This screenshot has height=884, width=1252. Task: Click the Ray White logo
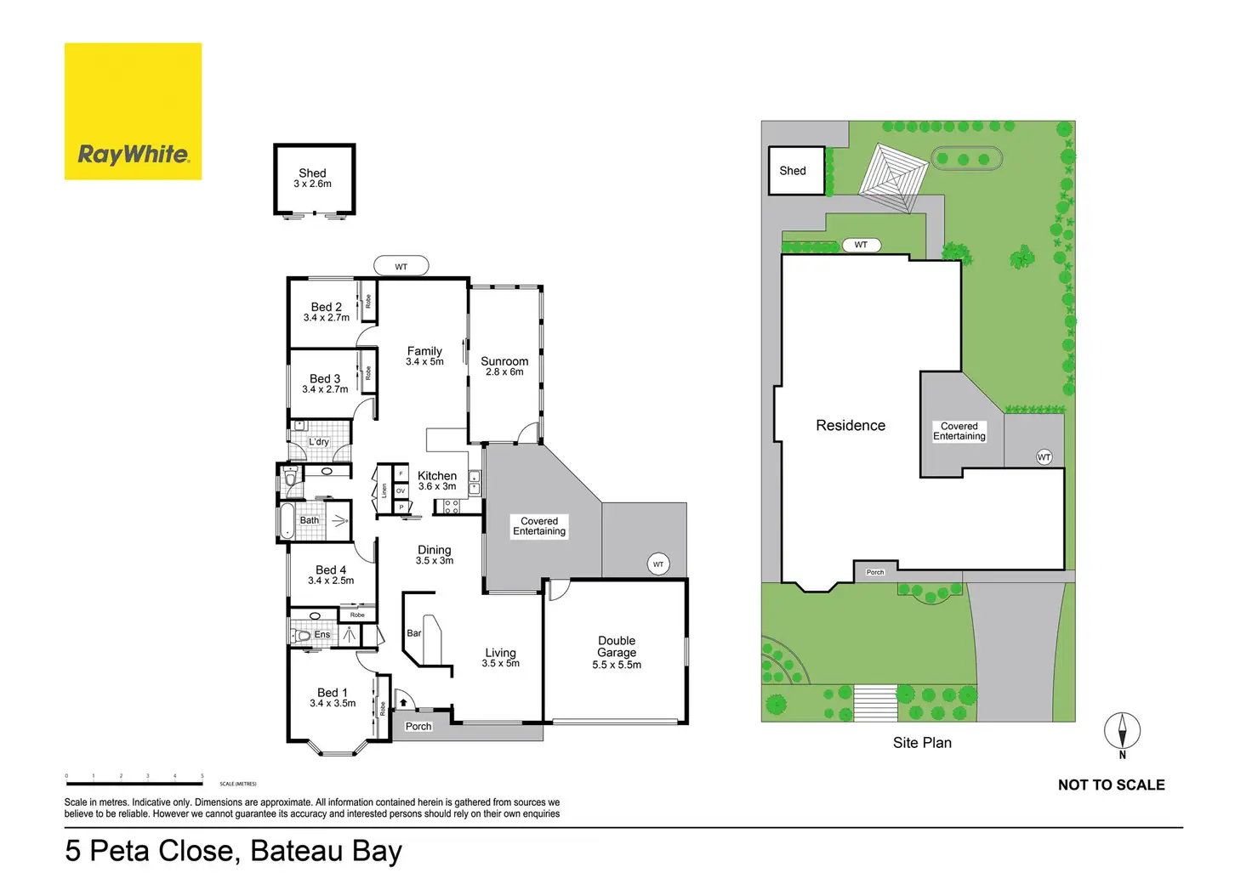click(x=133, y=111)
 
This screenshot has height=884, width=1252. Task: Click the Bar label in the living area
click(x=414, y=633)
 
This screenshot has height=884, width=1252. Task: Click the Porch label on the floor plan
click(x=418, y=727)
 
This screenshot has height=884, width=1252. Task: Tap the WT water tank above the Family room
click(x=401, y=267)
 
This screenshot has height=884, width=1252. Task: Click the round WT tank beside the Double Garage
click(x=658, y=564)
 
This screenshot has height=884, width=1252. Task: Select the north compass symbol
click(x=1122, y=732)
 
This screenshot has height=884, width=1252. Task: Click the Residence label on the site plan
click(x=851, y=425)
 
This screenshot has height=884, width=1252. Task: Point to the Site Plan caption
click(x=922, y=743)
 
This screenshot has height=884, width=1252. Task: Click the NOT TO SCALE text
click(x=1111, y=785)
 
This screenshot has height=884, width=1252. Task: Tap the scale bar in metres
click(x=134, y=782)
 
